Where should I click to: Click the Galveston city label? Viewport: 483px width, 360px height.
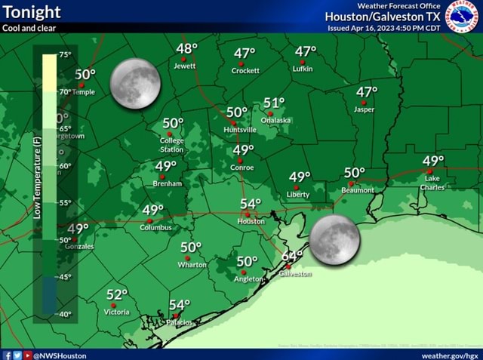click(295, 274)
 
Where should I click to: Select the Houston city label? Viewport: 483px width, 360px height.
click(251, 222)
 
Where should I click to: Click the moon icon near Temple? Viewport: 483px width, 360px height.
click(135, 84)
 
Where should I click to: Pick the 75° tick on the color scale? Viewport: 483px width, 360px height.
click(65, 55)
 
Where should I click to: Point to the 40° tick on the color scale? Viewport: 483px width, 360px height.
click(65, 314)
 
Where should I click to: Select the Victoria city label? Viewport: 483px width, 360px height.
click(116, 312)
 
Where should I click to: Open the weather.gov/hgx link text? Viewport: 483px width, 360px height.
click(450, 355)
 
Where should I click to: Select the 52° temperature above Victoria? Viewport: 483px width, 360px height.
click(117, 294)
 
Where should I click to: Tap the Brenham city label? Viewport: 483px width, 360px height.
click(167, 183)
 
